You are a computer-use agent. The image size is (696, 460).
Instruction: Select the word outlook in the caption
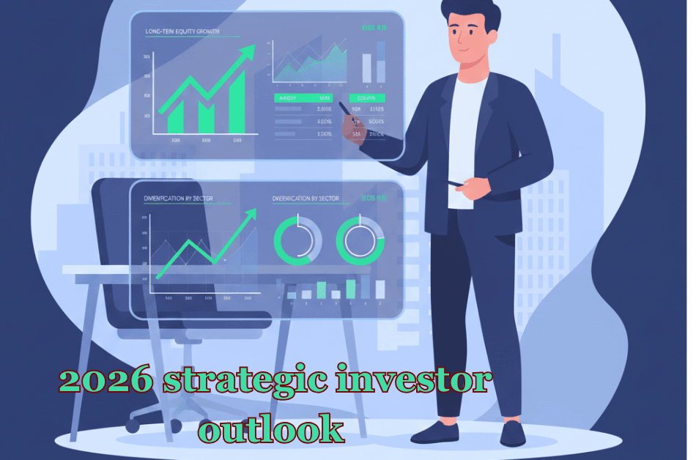pyautogui.click(x=270, y=429)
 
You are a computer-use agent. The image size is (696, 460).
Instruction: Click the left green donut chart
pyautogui.click(x=297, y=240)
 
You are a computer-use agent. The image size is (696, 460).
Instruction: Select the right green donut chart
pyautogui.click(x=360, y=240)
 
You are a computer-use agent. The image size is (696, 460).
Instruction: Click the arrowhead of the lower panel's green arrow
pyautogui.click(x=251, y=213)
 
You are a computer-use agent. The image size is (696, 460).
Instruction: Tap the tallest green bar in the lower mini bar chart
pyautogui.click(x=350, y=289)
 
